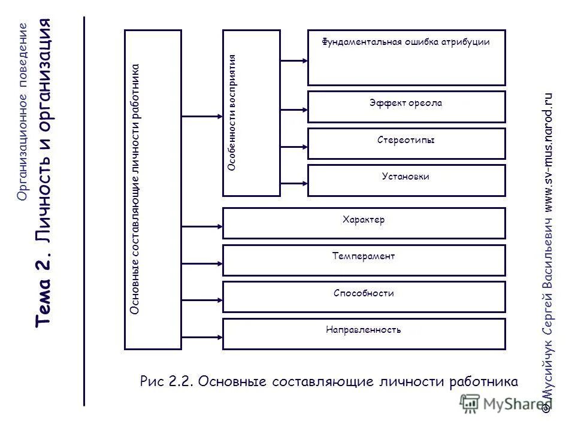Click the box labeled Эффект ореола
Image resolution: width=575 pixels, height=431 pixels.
click(x=406, y=106)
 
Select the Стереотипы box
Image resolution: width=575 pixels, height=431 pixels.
click(x=406, y=143)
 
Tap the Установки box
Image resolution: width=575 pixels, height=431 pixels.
click(x=406, y=180)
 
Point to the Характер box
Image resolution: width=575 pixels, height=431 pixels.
click(x=364, y=223)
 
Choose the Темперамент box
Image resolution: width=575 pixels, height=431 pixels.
click(x=364, y=260)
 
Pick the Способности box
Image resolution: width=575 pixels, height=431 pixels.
click(x=364, y=297)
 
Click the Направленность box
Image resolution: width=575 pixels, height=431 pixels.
click(x=364, y=333)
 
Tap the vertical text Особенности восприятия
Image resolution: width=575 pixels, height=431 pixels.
click(x=232, y=113)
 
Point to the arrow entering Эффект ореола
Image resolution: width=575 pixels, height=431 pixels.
click(x=293, y=110)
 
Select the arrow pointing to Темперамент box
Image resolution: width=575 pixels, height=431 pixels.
click(x=202, y=263)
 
